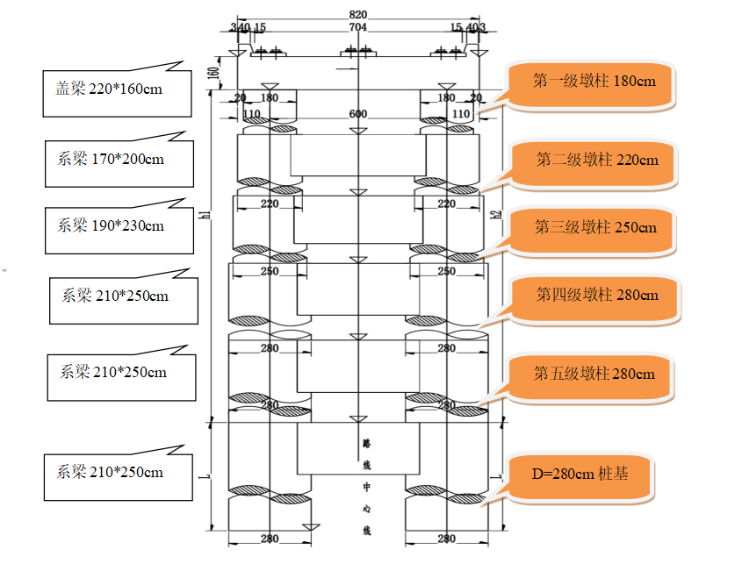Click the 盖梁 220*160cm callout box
click(x=117, y=93)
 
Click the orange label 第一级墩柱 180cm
click(x=592, y=86)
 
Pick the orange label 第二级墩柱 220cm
click(x=594, y=165)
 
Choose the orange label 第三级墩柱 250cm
click(x=593, y=232)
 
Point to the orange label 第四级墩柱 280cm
click(x=596, y=300)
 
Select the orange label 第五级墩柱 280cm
click(x=592, y=379)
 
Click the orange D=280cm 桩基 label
click(x=580, y=478)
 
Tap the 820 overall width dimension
click(x=358, y=15)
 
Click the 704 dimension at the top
click(x=358, y=27)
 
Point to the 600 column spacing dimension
click(x=358, y=114)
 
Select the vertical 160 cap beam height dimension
click(x=214, y=73)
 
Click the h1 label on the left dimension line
click(x=205, y=214)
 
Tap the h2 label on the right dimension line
click(x=496, y=214)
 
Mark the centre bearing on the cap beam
click(x=358, y=51)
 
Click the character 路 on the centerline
click(x=367, y=443)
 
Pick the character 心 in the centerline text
click(x=367, y=509)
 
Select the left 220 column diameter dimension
click(x=270, y=203)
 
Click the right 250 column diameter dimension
click(x=447, y=271)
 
